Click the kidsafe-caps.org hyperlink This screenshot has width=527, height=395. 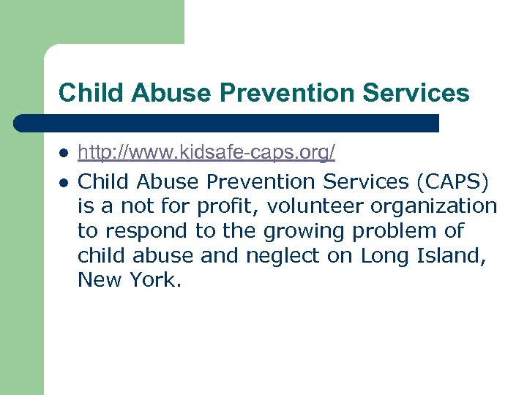click(x=206, y=153)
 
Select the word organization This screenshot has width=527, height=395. click(x=430, y=206)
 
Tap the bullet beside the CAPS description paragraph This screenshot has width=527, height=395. click(x=64, y=182)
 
